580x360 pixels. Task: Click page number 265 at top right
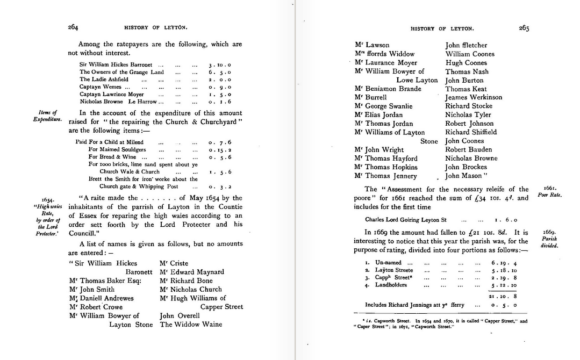(x=524, y=28)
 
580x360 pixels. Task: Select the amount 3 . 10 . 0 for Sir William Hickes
(x=220, y=64)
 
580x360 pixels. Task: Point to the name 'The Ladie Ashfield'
(x=104, y=79)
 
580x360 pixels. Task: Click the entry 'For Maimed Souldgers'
(x=117, y=150)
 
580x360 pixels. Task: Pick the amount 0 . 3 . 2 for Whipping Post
(x=220, y=186)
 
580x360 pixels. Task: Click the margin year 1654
(x=48, y=199)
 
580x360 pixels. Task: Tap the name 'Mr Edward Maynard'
(x=192, y=272)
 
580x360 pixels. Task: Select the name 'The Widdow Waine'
(x=191, y=324)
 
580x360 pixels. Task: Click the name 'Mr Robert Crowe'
(x=97, y=307)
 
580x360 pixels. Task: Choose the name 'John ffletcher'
(x=466, y=45)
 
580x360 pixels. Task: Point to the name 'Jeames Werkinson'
(x=474, y=97)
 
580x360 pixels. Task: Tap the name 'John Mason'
(x=465, y=176)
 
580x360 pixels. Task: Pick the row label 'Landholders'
(x=391, y=285)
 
